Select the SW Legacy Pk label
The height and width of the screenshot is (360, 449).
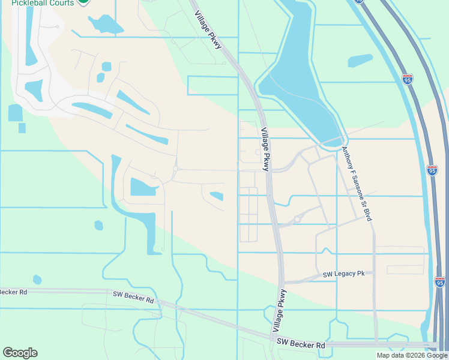pos(343,274)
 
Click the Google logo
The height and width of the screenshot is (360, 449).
pos(20,353)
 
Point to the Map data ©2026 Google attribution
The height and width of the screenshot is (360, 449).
pos(411,355)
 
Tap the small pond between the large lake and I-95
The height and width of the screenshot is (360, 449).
pos(360,60)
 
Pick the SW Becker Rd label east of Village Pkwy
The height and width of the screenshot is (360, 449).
pos(301,345)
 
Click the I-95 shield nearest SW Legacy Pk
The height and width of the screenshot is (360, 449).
pos(441,281)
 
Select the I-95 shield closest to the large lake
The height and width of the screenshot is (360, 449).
pos(408,79)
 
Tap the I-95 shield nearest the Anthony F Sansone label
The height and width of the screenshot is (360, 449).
pos(432,170)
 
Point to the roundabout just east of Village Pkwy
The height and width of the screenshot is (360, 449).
pos(297,220)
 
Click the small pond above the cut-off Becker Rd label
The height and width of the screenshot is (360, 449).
pos(37,279)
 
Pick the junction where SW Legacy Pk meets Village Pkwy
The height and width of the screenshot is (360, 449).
pos(282,281)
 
